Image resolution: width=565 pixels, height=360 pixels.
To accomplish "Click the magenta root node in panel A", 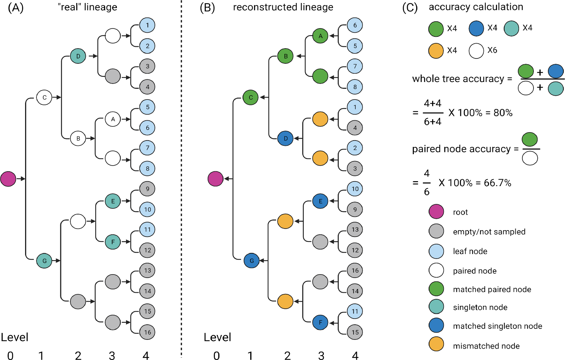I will point(8,178).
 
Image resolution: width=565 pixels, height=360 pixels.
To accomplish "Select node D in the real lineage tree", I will point(78,56).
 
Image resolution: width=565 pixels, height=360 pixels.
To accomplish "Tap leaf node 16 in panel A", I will point(147,332).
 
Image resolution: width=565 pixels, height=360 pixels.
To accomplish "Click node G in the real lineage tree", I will point(44,261).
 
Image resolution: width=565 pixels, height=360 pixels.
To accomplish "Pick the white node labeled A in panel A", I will point(113,119).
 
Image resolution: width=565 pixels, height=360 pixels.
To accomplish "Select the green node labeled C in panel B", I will point(251,97).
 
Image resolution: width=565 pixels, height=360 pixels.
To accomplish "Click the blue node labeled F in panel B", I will point(320,322).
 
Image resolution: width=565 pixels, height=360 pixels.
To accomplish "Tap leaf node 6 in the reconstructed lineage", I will point(355,25).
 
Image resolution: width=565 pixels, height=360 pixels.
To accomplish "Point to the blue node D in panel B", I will point(286,138).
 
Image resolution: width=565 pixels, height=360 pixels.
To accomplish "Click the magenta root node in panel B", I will point(216,178).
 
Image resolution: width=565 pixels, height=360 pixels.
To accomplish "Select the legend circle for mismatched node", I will point(436,344).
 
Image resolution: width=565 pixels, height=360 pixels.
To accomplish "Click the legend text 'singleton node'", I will point(480,307).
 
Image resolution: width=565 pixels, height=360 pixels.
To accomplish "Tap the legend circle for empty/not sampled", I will point(436,231).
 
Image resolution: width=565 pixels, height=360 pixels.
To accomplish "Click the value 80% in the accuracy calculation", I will point(503,113).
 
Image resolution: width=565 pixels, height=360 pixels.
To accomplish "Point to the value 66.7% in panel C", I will point(497,183).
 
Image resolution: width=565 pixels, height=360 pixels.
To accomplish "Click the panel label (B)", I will point(207,8).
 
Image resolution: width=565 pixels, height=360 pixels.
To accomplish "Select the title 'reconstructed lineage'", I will point(283,7).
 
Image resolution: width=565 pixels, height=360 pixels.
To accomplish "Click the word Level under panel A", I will point(14,337).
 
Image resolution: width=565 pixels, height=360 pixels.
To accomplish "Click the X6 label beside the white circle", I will point(492,50).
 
